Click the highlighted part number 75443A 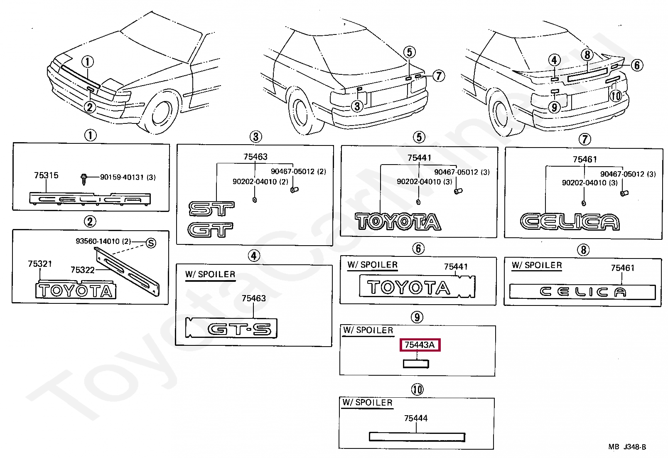420,345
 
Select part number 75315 46,175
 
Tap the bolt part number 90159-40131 128,177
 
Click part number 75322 83,270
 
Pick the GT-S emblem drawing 239,329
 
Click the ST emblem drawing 211,209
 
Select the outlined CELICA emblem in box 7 570,222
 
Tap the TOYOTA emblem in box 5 398,222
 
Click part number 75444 416,418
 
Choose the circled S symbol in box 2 151,243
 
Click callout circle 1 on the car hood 87,62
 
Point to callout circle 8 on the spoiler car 587,55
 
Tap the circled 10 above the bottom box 417,389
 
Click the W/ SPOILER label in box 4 210,274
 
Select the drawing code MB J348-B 627,447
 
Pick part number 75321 40,264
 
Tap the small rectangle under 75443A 416,364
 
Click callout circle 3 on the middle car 357,106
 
